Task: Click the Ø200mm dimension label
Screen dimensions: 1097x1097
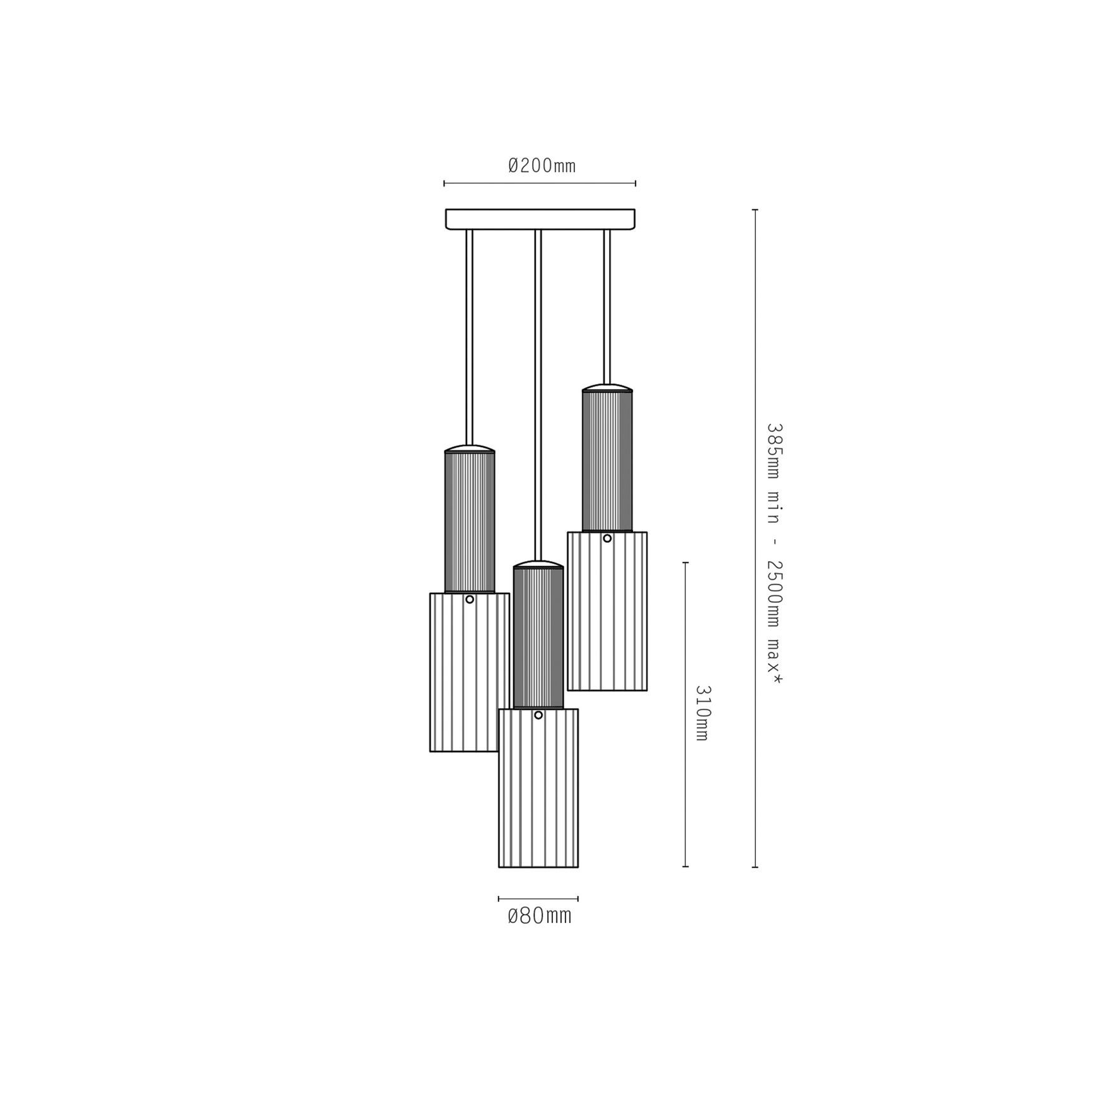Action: point(542,165)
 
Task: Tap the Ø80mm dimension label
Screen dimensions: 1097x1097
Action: point(539,915)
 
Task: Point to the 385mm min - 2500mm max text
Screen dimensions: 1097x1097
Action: point(774,554)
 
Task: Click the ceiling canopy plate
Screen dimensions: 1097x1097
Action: point(540,219)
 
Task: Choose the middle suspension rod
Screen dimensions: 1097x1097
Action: point(538,395)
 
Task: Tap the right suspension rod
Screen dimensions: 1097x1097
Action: point(607,306)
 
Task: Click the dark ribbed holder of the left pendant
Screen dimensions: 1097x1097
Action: point(470,521)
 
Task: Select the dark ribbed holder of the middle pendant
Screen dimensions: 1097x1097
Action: point(538,637)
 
